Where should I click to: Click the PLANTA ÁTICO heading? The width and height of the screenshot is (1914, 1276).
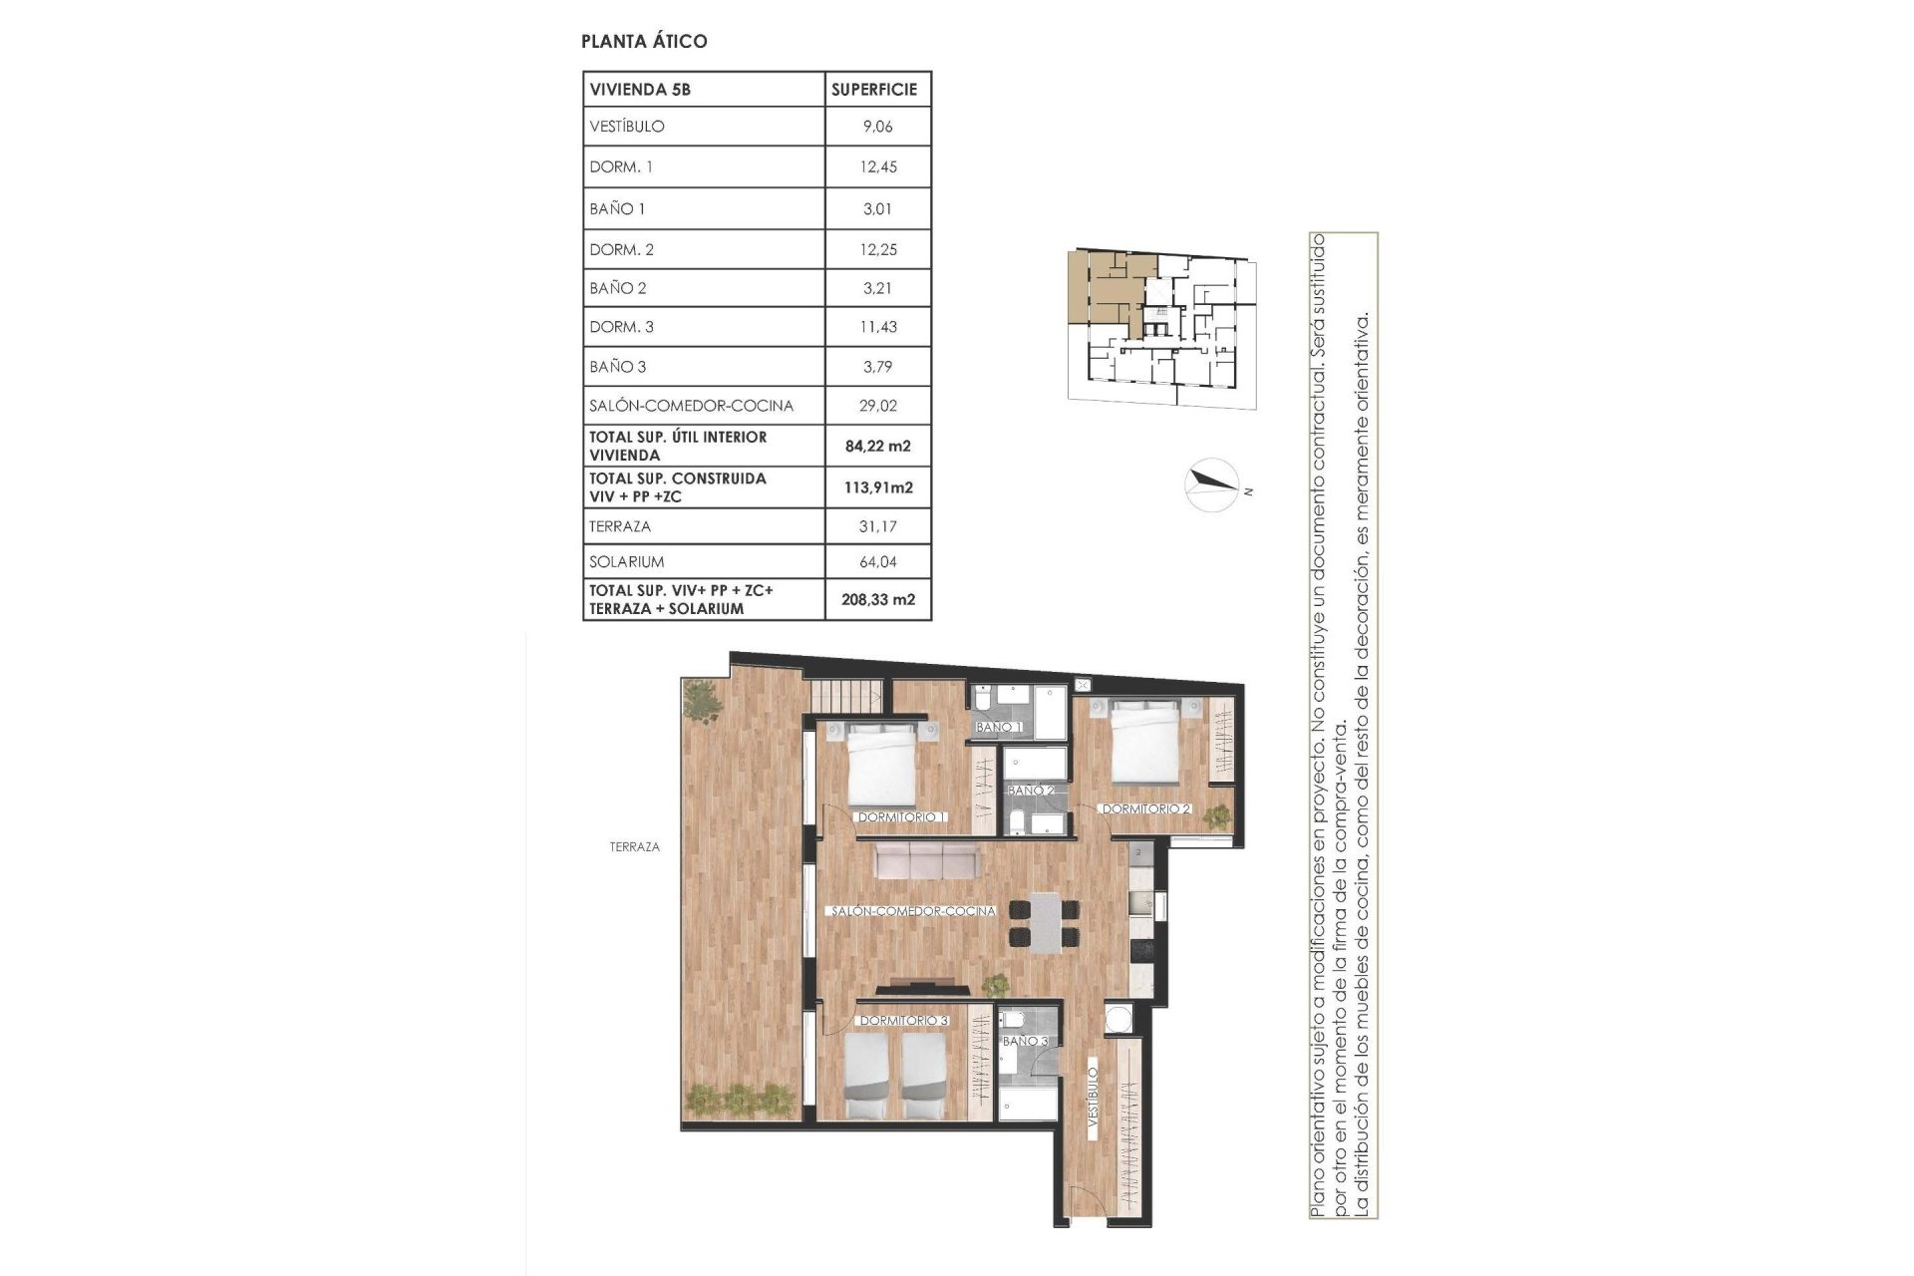click(644, 41)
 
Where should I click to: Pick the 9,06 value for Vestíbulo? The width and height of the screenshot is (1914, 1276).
click(877, 127)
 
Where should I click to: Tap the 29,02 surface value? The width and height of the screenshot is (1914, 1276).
click(877, 406)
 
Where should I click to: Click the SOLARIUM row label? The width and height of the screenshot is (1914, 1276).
click(626, 561)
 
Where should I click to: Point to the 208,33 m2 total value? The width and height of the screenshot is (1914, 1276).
click(877, 600)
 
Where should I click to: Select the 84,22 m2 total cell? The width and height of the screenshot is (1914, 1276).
click(877, 446)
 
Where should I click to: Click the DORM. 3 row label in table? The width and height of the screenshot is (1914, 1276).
click(621, 327)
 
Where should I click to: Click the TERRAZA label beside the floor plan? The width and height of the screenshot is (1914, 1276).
click(635, 846)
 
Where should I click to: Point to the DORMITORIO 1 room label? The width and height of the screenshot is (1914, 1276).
click(902, 817)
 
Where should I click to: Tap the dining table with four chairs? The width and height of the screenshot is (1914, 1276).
click(1045, 922)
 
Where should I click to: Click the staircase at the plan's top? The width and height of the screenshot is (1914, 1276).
click(845, 695)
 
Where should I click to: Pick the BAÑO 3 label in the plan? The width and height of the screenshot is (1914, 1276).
click(1025, 1041)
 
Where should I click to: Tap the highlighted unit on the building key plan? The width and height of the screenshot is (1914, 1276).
click(1107, 289)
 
